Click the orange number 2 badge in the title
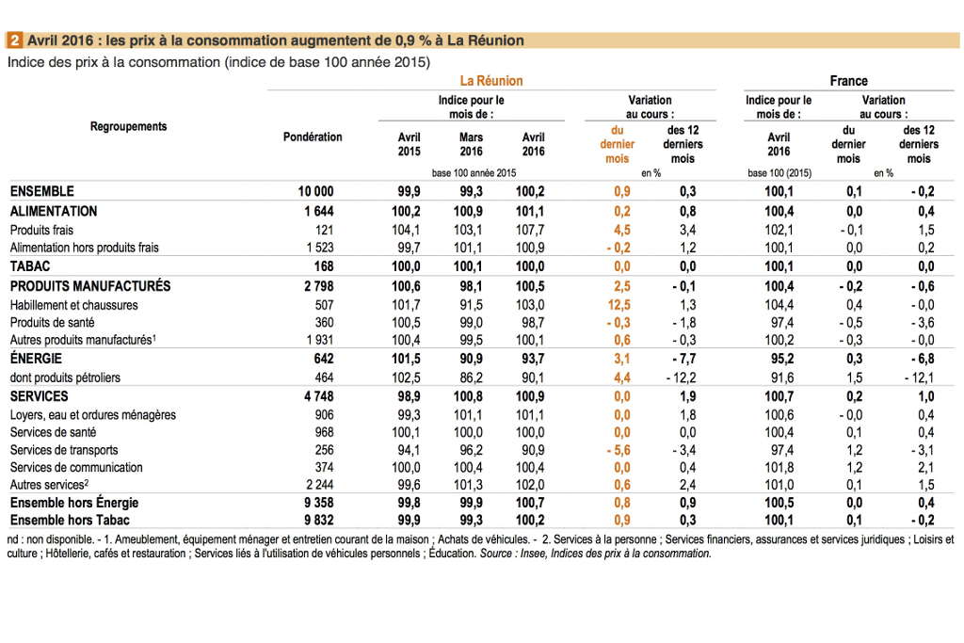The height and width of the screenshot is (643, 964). tap(14, 40)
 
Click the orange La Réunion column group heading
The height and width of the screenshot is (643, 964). tap(491, 81)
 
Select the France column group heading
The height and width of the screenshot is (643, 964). tap(848, 81)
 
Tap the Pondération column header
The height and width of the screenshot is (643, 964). tap(313, 137)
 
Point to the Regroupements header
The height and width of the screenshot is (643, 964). tap(128, 127)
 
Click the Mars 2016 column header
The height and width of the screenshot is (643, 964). tap(471, 144)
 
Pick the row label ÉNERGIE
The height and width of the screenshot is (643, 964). tap(36, 359)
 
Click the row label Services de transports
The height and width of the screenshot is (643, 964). tap(64, 450)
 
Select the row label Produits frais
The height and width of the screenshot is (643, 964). tap(41, 230)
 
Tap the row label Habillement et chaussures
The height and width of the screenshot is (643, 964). tap(73, 305)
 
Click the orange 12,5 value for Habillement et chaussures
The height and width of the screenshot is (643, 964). tap(619, 305)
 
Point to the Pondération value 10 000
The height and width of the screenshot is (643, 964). tap(315, 191)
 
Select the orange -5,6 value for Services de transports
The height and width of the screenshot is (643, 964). tap(619, 450)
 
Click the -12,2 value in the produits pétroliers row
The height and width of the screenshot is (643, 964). tap(682, 378)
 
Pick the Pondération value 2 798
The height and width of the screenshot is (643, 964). tap(318, 286)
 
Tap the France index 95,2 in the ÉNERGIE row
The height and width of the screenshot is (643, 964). tap(779, 359)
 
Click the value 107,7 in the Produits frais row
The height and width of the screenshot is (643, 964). tap(530, 230)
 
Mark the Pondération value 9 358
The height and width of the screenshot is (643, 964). tap(318, 503)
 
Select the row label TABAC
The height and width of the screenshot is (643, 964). tap(29, 266)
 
